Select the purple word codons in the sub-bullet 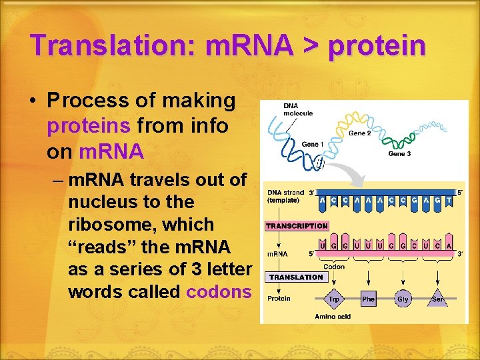tap(219, 291)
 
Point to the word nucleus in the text tap(101, 202)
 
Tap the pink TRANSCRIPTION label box tap(297, 226)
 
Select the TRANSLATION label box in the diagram tap(296, 277)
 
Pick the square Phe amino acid tap(368, 299)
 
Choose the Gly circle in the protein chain tap(403, 299)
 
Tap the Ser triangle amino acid tap(438, 300)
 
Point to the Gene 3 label tap(399, 154)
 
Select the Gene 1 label tap(312, 144)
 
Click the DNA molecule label tap(298, 109)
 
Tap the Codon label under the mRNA tap(334, 266)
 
